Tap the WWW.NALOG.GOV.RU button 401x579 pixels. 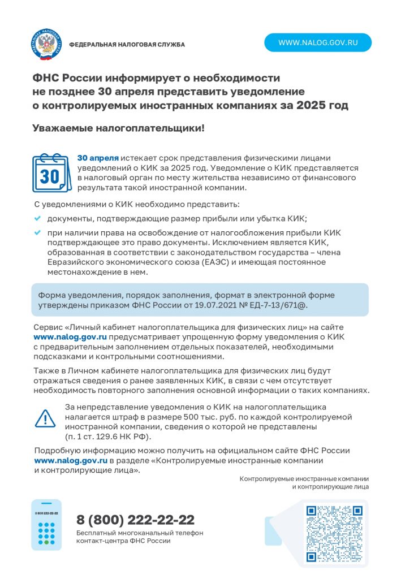(318, 42)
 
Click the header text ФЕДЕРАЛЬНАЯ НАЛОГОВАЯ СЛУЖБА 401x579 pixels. (127, 45)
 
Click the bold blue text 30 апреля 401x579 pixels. (98, 158)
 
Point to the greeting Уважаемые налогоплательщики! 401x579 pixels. (118, 128)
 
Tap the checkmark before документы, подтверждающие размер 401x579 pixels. (38, 218)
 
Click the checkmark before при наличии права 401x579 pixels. (38, 232)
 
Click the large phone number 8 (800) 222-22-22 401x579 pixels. (136, 519)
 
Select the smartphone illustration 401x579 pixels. (46, 525)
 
